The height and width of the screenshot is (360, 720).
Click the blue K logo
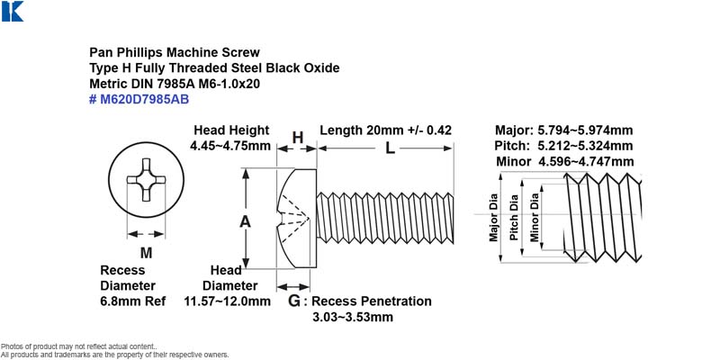click(13, 11)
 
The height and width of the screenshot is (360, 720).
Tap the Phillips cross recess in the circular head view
click(145, 179)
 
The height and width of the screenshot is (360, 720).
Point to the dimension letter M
click(146, 253)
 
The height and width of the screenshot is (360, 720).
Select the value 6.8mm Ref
click(133, 301)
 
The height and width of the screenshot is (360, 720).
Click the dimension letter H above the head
click(298, 137)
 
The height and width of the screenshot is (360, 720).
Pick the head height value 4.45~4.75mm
click(230, 146)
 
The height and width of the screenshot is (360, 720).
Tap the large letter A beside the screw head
click(245, 221)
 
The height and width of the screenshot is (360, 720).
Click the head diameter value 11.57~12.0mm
click(228, 301)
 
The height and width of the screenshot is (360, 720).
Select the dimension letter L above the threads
click(390, 148)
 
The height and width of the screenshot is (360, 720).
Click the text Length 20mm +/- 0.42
click(386, 130)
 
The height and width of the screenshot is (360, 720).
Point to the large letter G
click(295, 301)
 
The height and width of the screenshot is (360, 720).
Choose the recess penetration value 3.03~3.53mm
click(353, 318)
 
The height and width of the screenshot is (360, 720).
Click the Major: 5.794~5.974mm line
click(564, 130)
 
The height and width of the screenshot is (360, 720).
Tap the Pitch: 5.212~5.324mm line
click(564, 146)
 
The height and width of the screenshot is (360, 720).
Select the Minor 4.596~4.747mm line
click(565, 162)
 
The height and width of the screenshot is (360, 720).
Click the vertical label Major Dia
click(493, 217)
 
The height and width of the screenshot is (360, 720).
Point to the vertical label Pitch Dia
click(514, 217)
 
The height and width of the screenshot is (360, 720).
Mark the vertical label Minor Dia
click(535, 217)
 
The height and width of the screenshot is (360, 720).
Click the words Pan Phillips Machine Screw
click(175, 52)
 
